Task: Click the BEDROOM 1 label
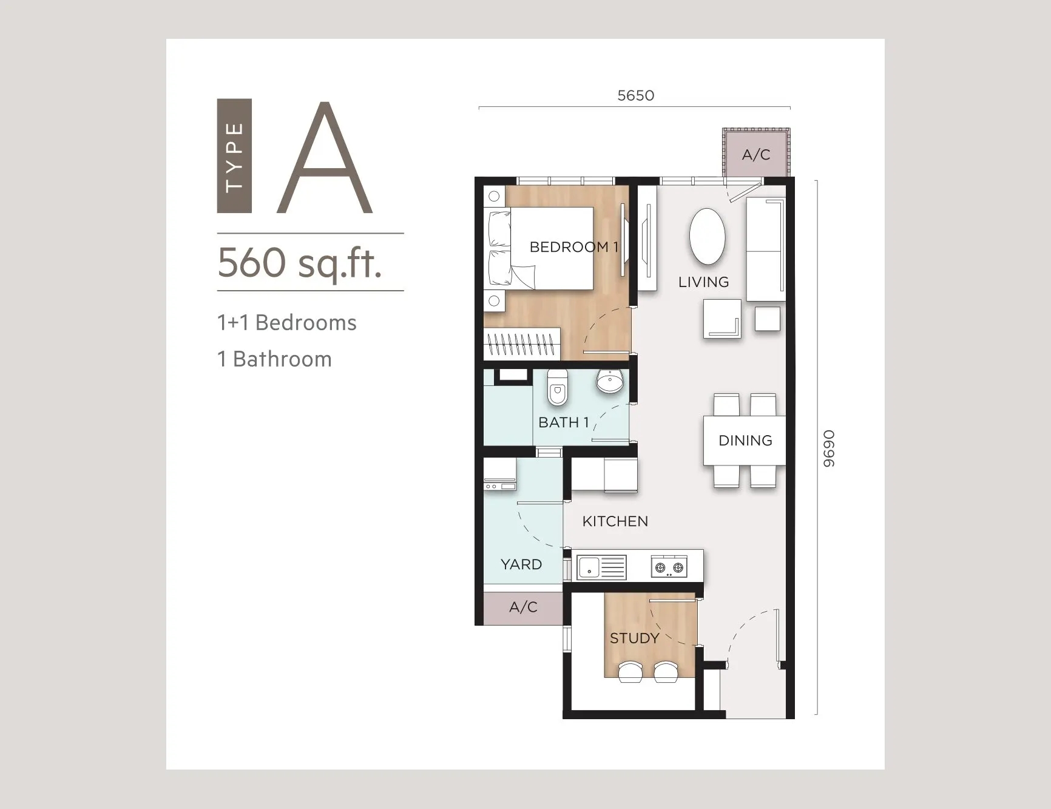point(573,247)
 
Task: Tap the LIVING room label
point(703,282)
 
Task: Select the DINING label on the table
point(745,441)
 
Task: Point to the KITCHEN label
point(615,521)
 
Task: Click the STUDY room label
point(634,638)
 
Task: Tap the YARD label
point(521,564)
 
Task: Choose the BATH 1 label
point(564,422)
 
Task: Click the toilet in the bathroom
point(557,387)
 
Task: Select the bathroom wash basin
point(610,381)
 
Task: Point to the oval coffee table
point(707,237)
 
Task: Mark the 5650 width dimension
point(635,95)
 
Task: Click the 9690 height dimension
point(829,449)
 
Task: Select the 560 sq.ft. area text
point(300,263)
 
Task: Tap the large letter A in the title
point(325,158)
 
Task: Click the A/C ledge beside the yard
point(523,607)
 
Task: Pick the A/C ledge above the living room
point(756,155)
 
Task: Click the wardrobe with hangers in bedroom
point(522,344)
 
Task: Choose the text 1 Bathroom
point(274,359)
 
